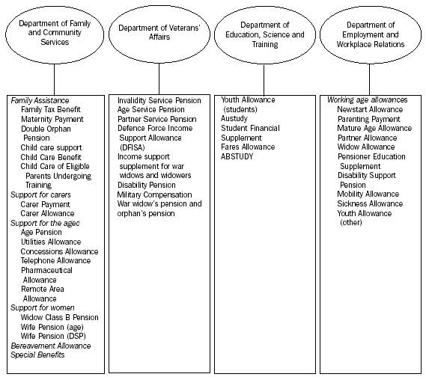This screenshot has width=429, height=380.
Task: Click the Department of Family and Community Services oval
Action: pyautogui.click(x=53, y=33)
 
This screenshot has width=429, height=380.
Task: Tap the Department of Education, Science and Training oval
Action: pyautogui.click(x=261, y=34)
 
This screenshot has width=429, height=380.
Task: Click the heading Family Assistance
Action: pyautogui.click(x=40, y=100)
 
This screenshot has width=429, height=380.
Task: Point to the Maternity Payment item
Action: pyautogui.click(x=52, y=119)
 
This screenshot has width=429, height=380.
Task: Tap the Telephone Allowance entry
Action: pyautogui.click(x=56, y=260)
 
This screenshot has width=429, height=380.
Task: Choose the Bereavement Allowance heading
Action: pyautogui.click(x=50, y=346)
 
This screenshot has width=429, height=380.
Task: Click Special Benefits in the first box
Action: pyautogui.click(x=37, y=355)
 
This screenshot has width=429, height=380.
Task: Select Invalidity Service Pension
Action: pyautogui.click(x=159, y=100)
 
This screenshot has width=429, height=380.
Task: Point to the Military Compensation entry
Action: pyautogui.click(x=155, y=194)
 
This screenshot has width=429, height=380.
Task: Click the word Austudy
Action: pyautogui.click(x=234, y=119)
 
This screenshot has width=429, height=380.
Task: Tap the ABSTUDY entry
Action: pyautogui.click(x=239, y=156)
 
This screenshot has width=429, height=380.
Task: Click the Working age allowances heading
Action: pyautogui.click(x=368, y=100)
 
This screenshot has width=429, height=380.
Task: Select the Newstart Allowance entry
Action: pyautogui.click(x=370, y=109)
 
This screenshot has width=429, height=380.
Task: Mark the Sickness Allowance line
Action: pyautogui.click(x=370, y=203)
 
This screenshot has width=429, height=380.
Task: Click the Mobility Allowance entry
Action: pyautogui.click(x=368, y=194)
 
